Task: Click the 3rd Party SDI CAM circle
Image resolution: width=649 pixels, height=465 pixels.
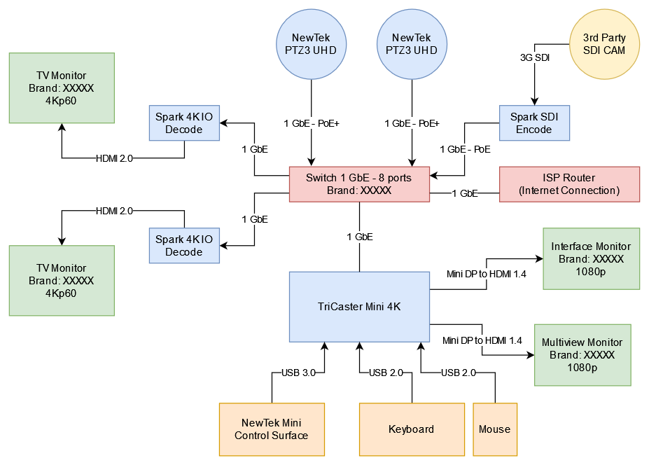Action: click(x=604, y=44)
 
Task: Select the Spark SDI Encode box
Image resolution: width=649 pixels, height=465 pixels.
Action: click(x=534, y=123)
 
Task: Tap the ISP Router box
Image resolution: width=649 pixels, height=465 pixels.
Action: click(x=569, y=184)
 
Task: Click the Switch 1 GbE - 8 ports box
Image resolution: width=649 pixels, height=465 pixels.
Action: click(x=359, y=184)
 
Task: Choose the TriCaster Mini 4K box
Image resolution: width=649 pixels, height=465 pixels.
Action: click(x=359, y=306)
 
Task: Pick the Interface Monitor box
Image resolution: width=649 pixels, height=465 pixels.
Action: click(x=591, y=258)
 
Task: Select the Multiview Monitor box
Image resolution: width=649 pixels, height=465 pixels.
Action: click(x=582, y=354)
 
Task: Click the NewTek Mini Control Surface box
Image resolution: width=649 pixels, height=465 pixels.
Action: click(x=272, y=429)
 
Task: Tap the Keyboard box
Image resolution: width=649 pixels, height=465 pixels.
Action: click(x=412, y=429)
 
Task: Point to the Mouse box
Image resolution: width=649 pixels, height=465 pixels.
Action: click(x=495, y=429)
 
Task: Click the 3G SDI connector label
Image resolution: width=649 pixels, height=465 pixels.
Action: click(x=534, y=58)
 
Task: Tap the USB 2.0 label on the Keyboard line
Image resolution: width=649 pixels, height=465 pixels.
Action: click(x=386, y=373)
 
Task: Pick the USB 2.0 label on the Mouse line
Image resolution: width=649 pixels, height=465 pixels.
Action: click(x=459, y=373)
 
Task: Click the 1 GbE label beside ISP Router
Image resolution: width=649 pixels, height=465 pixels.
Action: click(x=465, y=193)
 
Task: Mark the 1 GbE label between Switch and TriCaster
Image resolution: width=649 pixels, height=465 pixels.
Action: click(x=360, y=237)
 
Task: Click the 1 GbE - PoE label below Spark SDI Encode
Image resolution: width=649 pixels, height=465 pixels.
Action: click(x=465, y=149)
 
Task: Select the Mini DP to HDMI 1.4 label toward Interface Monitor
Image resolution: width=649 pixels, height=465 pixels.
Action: click(x=486, y=274)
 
